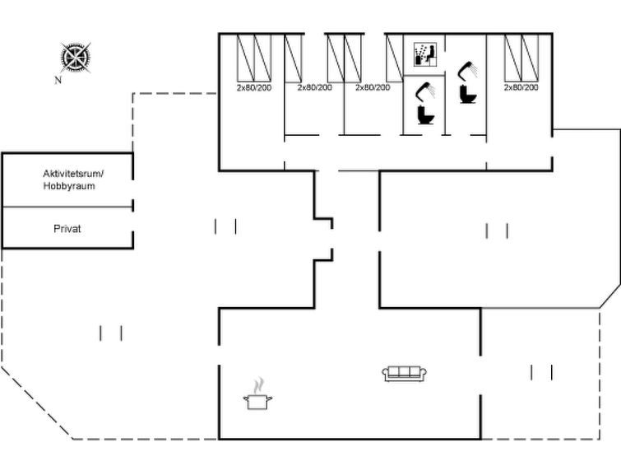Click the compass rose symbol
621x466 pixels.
[x=75, y=58]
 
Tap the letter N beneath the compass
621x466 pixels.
[x=58, y=80]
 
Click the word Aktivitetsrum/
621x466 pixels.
[x=73, y=174]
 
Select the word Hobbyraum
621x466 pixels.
[x=69, y=186]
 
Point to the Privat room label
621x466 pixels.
[x=67, y=229]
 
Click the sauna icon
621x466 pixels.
[x=425, y=54]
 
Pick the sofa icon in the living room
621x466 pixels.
[x=405, y=374]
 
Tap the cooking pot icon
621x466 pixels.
[x=257, y=402]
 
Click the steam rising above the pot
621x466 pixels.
[x=258, y=385]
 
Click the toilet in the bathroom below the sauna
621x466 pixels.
[x=426, y=115]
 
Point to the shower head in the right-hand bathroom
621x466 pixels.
[x=468, y=70]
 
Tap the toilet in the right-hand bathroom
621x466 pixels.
[x=468, y=95]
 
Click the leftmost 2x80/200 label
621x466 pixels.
[x=254, y=87]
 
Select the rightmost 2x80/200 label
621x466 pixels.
[x=521, y=87]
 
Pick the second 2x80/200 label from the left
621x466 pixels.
[x=315, y=87]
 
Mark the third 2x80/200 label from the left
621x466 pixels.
[x=373, y=87]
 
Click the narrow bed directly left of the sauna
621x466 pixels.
[x=395, y=58]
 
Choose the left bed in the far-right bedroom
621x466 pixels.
[x=513, y=58]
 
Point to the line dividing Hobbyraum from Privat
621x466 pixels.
[x=67, y=207]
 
